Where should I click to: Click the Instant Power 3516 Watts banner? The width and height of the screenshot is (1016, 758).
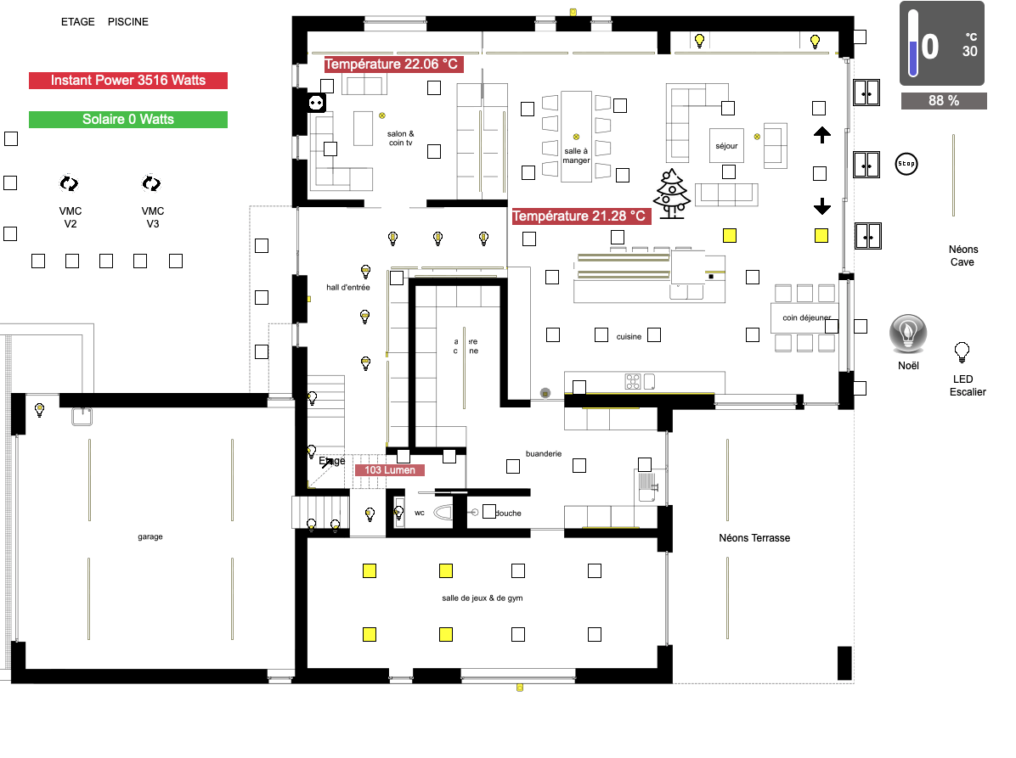click(x=128, y=81)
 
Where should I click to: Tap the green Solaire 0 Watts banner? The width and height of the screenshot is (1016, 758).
click(x=128, y=120)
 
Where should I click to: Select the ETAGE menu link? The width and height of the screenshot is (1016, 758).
click(x=78, y=22)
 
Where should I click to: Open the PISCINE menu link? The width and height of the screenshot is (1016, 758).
click(x=128, y=22)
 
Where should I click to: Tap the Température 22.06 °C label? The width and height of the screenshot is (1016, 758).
click(x=392, y=65)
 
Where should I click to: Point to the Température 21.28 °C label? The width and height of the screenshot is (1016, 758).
click(x=581, y=216)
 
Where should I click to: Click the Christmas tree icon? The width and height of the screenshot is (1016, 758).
click(x=672, y=194)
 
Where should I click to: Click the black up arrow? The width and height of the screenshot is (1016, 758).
click(x=821, y=134)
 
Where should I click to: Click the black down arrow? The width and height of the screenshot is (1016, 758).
click(x=821, y=205)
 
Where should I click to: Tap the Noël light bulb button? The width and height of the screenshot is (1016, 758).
click(x=907, y=334)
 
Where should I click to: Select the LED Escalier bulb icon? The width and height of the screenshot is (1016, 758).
click(x=962, y=351)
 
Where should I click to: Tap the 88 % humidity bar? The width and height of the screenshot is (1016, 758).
click(x=944, y=101)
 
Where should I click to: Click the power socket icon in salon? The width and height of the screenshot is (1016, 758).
click(x=316, y=103)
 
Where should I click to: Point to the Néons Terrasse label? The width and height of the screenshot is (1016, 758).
click(x=754, y=538)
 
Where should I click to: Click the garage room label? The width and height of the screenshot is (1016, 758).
click(x=150, y=536)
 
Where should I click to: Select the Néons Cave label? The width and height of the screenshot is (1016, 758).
click(x=963, y=255)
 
